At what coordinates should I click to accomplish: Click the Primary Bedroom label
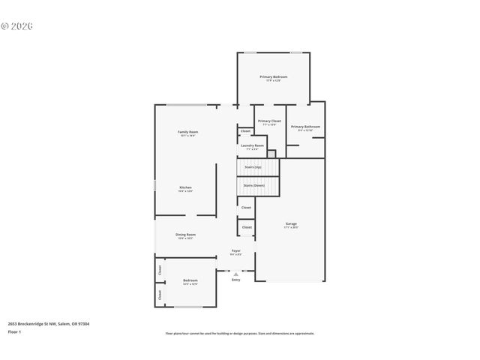coord(274,77)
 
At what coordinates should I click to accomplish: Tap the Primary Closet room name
coord(269,121)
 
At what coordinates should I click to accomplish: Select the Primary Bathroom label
coord(305,127)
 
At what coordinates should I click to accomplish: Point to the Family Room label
coord(187,131)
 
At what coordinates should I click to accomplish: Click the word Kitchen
coord(185,187)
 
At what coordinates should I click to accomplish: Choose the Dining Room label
coord(185,235)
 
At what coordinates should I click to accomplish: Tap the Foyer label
coord(235,250)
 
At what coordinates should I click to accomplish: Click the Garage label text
coord(291,223)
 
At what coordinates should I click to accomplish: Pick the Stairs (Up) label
coord(253,166)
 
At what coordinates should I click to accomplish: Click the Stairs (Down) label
coord(253,184)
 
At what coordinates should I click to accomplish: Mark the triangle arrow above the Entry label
coord(235,274)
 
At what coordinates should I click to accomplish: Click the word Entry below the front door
coord(235,280)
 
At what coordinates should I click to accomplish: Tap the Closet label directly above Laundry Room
coord(245,131)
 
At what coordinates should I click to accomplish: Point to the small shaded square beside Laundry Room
coord(271,154)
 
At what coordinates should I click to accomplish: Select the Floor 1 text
coord(15,331)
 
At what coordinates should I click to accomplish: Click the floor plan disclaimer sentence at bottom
coord(239,334)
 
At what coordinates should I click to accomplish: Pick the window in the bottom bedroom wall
coord(188,306)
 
